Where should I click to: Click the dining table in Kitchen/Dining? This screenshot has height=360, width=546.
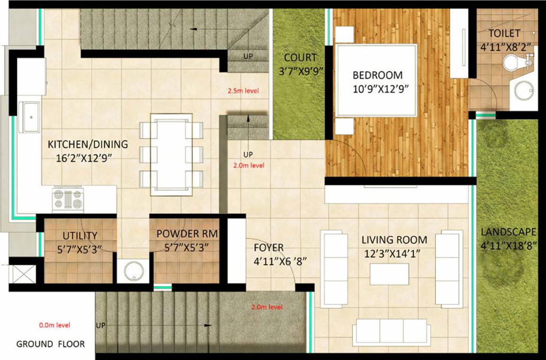tap(171, 154)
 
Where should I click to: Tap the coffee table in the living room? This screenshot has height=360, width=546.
tap(389, 274)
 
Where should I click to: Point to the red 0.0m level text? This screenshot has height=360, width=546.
tap(54, 324)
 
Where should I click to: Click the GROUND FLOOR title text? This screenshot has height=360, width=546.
tap(51, 344)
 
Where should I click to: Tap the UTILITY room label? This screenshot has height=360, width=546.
tap(80, 236)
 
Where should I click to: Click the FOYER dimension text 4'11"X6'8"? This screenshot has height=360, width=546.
tap(280, 261)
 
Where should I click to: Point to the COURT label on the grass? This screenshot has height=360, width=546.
tap(301, 58)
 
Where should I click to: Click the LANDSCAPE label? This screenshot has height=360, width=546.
tap(508, 232)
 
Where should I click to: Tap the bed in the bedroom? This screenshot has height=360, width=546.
tap(376, 80)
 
